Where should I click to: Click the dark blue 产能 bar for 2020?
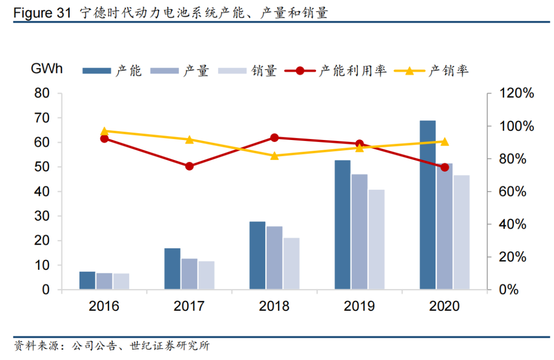427,205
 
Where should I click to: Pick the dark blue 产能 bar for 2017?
172,269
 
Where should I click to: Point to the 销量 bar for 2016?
121,282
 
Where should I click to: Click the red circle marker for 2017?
189,166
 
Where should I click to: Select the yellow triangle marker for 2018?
274,155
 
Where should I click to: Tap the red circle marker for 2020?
444,167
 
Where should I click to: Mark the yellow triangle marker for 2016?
104,131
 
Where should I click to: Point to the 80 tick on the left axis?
42,93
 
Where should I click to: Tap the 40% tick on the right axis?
513,224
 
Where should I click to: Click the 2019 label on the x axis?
359,306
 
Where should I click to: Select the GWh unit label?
47,68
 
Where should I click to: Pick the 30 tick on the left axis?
42,216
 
